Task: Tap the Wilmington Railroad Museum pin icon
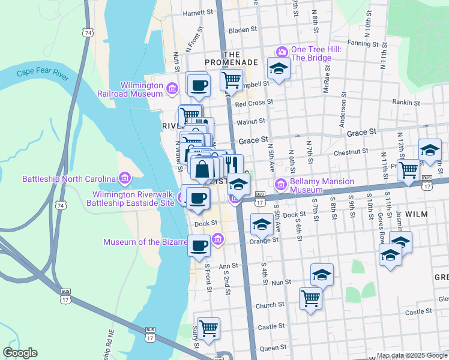172,89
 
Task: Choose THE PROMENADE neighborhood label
231,58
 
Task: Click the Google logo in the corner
20,353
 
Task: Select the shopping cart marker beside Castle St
208,328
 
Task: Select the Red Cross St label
254,103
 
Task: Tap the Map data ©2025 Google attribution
412,355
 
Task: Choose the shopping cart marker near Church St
310,297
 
